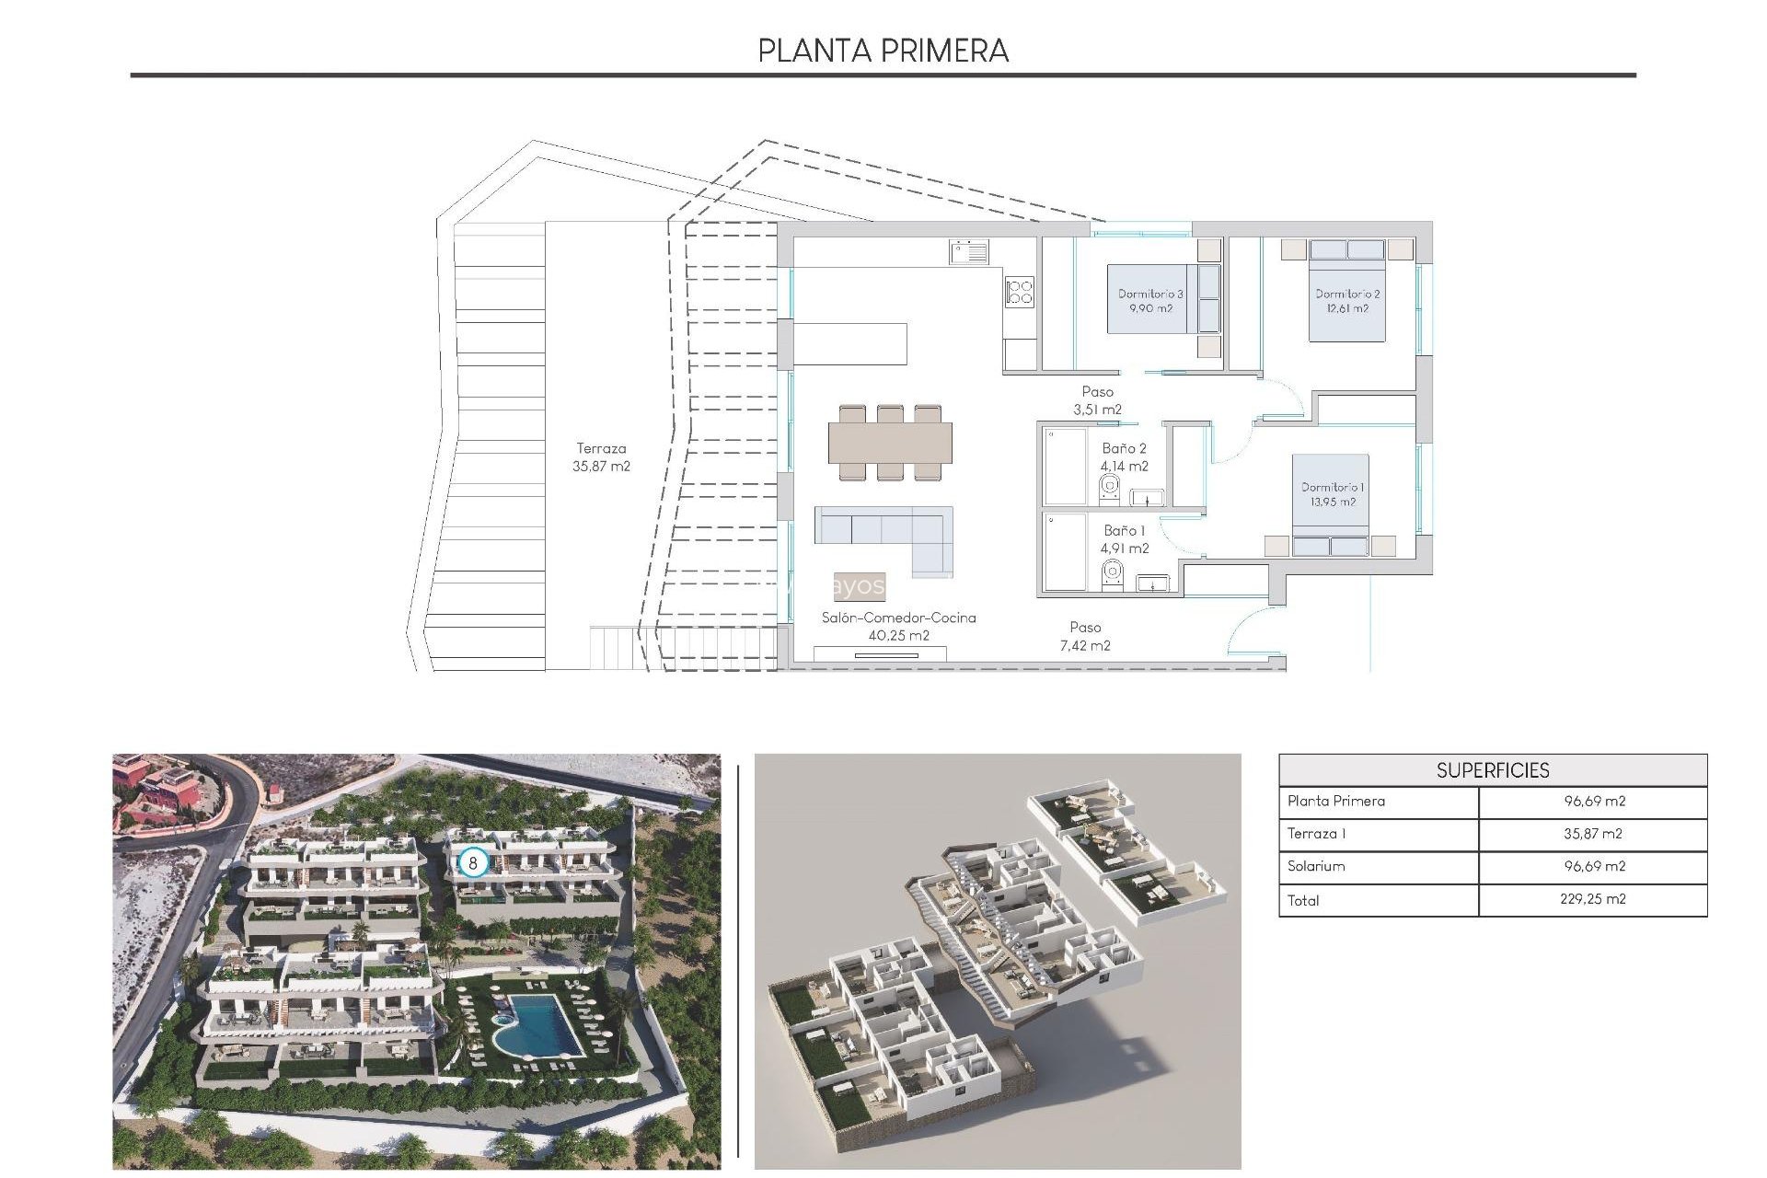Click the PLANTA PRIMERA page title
[x=883, y=50]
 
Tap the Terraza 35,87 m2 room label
[x=601, y=457]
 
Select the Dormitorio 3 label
[x=1150, y=301]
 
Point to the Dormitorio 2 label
[x=1347, y=301]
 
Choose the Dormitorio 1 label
[x=1333, y=494]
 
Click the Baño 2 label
[x=1124, y=457]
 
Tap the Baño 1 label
[x=1124, y=539]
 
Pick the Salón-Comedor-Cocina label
[x=898, y=626]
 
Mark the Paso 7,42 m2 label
[x=1085, y=636]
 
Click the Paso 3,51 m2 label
[x=1097, y=400]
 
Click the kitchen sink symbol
[x=969, y=251]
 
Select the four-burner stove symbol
[x=1020, y=292]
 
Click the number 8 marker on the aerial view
[x=473, y=863]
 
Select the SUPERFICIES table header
[x=1492, y=770]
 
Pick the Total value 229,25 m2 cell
[x=1592, y=899]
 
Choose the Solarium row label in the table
[x=1316, y=866]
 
